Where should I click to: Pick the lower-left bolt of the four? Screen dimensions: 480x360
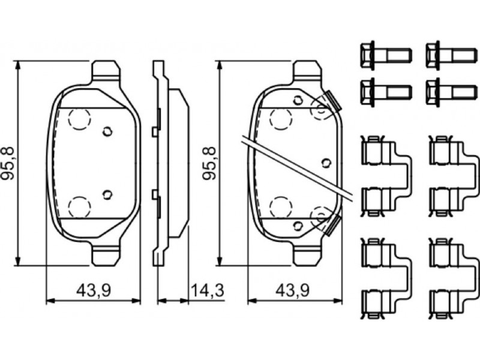point(386,92)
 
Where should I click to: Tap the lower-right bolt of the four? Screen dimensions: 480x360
point(452,92)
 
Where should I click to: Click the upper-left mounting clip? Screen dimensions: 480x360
point(386,176)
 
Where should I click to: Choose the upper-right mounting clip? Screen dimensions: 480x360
point(454,176)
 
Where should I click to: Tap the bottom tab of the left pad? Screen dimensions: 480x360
point(106,254)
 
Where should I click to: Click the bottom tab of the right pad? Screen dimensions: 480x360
point(308,254)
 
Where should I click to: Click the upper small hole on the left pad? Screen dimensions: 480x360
point(107,132)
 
